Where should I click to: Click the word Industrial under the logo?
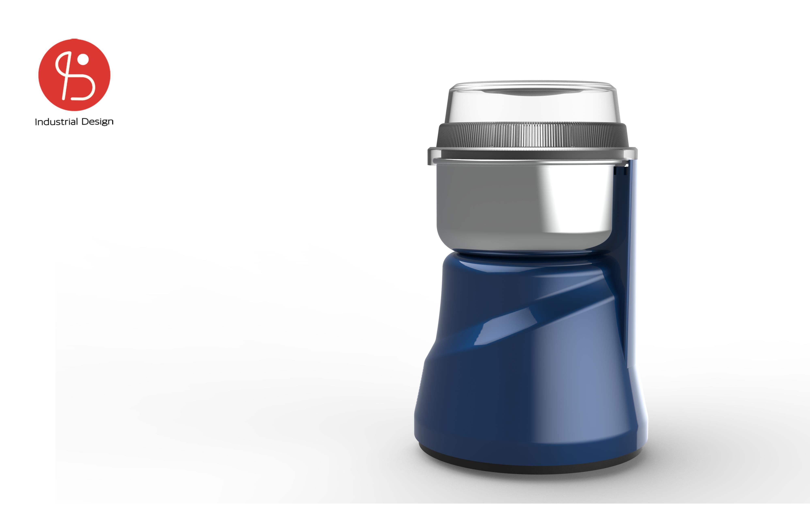pyautogui.click(x=56, y=122)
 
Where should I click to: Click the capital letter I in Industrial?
pyautogui.click(x=36, y=122)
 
